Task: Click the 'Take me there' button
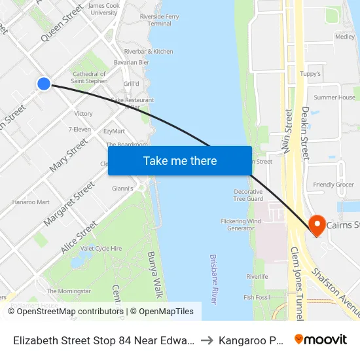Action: [180, 160]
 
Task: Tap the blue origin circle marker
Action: [44, 83]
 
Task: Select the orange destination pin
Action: [317, 226]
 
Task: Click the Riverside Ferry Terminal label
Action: [151, 19]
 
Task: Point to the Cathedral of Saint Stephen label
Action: [90, 78]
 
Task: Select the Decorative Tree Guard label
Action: [248, 195]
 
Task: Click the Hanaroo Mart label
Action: [31, 202]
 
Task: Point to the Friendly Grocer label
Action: [333, 185]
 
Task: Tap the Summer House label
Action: [334, 98]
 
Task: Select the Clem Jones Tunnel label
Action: [295, 282]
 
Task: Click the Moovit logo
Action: [320, 339]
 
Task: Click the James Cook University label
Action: [103, 9]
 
